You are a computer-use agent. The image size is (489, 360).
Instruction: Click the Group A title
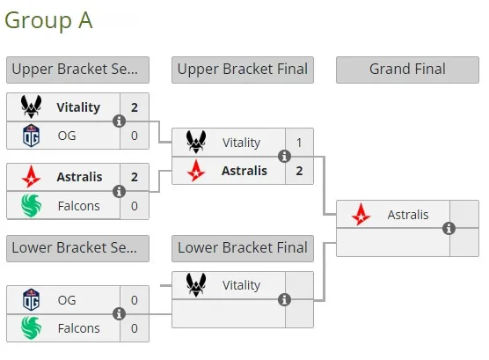point(48,20)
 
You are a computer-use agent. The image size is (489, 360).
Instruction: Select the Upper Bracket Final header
point(243,70)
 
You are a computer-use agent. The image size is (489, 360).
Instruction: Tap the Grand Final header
point(407,70)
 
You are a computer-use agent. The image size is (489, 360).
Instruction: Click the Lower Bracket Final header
point(243,248)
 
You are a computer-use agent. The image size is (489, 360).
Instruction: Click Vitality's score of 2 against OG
point(135,107)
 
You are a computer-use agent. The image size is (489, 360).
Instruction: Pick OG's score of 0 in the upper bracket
point(135,136)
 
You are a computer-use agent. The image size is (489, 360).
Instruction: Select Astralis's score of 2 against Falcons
point(135,177)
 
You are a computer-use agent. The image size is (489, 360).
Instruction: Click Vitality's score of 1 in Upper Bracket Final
point(299,143)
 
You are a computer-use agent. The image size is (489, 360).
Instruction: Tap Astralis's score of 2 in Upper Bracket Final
point(299,171)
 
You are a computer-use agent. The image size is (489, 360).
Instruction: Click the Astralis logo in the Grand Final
point(361,215)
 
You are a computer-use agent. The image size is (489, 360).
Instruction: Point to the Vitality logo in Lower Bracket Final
point(196,285)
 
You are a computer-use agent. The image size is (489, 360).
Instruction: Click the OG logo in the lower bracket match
point(31,300)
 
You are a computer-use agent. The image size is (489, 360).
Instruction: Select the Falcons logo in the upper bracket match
point(31,205)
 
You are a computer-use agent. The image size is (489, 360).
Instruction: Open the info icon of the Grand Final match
point(449,228)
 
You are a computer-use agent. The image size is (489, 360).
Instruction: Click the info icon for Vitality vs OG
point(119,121)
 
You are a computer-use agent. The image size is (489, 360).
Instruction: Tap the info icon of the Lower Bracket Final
point(284,299)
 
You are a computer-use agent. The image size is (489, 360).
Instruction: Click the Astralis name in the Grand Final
point(408,215)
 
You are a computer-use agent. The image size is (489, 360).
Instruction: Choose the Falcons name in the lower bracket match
point(79,328)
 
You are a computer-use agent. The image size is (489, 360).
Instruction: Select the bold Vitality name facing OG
point(78,107)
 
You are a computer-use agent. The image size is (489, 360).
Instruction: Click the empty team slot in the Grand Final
point(393,242)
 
